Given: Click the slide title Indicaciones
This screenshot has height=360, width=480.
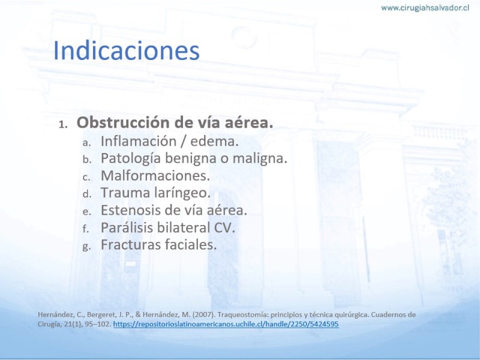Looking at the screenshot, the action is [x=127, y=50].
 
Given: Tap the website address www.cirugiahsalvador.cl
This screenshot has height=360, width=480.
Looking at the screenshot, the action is [x=425, y=8].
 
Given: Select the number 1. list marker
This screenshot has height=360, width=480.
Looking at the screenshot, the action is [x=63, y=124].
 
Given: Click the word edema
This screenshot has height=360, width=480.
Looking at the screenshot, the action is [x=214, y=141].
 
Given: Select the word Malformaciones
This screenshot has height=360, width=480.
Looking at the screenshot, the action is [x=155, y=176].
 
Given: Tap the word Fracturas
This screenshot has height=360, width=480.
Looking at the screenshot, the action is [x=130, y=245].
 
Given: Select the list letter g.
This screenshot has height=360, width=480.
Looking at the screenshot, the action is [x=86, y=247].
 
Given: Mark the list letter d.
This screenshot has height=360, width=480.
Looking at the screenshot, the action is [x=87, y=194].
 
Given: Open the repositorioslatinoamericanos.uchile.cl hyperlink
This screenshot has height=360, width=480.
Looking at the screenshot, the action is [x=226, y=324].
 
